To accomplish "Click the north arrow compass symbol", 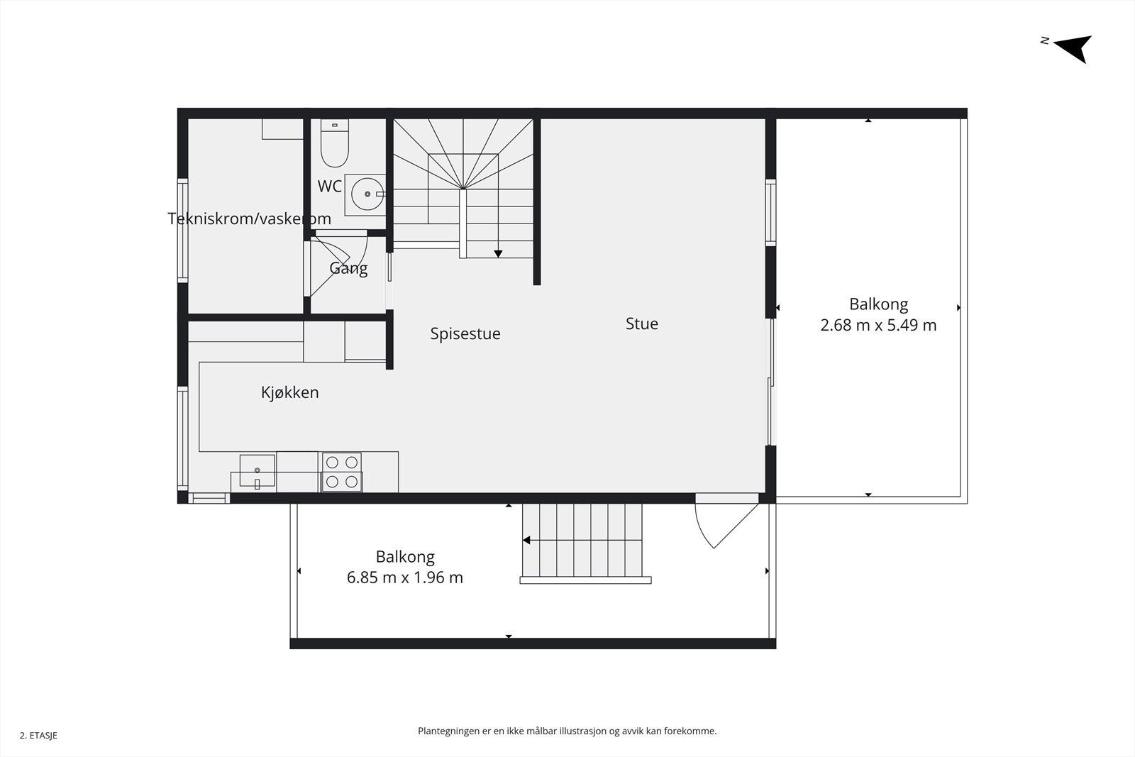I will pos(1075,48).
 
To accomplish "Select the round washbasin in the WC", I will pos(367,193).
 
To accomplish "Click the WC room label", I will pos(330,187).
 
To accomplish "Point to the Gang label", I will pos(348,268).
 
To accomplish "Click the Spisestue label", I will pos(465,333).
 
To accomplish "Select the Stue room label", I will pos(642,324).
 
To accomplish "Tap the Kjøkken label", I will pos(289,392).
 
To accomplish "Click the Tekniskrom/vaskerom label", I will pos(249,219).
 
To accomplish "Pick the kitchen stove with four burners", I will pos(342,473).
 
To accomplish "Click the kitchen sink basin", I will pos(257,471).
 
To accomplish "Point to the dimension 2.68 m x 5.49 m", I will pos(878,326).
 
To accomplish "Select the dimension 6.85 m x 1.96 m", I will pos(404,578).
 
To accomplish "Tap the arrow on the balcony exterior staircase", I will pos(527,541).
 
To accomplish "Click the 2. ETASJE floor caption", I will pos(38,736).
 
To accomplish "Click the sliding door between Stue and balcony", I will pos(771,383).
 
